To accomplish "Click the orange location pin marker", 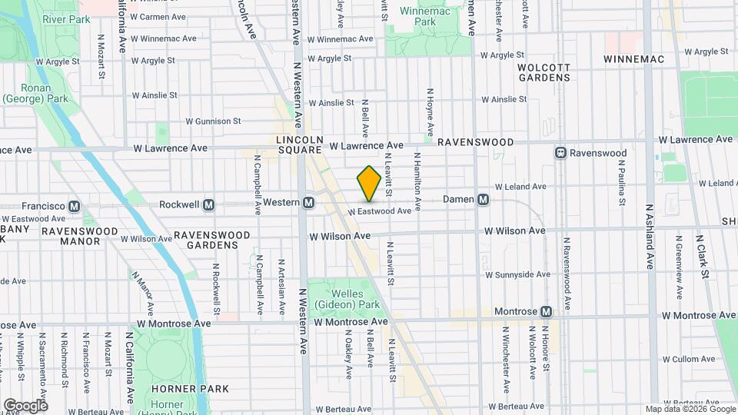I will tap(369, 184).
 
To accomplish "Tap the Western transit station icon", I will tap(308, 203).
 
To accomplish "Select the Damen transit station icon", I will tap(484, 199).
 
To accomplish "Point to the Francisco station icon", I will tap(75, 206).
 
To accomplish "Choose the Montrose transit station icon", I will tap(546, 311).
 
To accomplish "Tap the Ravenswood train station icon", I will tap(561, 153).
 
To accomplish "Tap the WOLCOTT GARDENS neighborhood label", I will tap(544, 72).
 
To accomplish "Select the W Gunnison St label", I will tap(213, 121).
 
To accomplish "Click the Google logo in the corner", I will tap(25, 405).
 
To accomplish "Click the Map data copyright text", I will tap(690, 409).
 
